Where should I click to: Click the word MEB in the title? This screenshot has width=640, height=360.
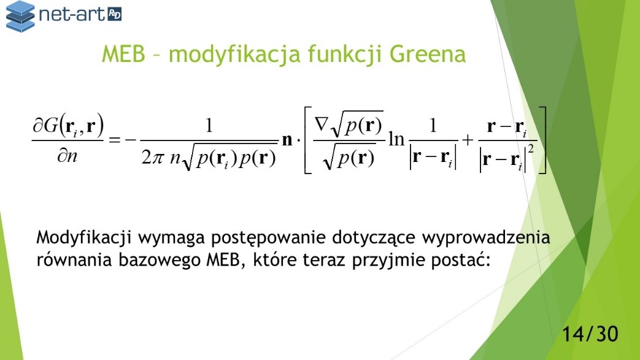pos(123,54)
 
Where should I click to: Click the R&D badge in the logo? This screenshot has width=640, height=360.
pos(114,14)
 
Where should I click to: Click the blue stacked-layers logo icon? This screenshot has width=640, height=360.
pos(20,17)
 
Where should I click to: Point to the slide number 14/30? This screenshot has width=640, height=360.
pos(590,334)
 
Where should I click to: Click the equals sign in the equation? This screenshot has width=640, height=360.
pos(114,140)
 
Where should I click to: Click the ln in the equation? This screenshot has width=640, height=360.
pos(396,139)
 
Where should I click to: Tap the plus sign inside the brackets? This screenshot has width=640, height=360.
pos(468,140)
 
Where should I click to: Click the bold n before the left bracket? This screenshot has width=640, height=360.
pos(287,140)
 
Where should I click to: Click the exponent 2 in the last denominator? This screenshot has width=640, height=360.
pos(531,150)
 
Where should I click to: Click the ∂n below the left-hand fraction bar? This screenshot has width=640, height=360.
pos(67,156)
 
